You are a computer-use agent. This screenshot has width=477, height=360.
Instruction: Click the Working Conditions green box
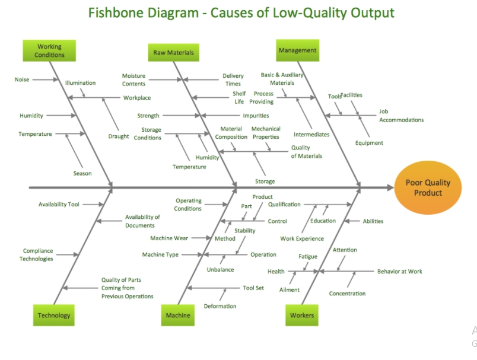[x=49, y=51]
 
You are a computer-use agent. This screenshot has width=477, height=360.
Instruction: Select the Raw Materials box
[x=173, y=53]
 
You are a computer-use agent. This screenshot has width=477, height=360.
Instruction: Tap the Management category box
[x=297, y=51]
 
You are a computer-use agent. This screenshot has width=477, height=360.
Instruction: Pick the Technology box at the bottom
[x=54, y=316]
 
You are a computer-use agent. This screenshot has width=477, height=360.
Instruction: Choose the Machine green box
[x=178, y=316]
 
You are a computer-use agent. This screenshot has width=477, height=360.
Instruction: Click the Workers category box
[x=302, y=316]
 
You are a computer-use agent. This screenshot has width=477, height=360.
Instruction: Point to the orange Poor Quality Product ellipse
[x=428, y=188]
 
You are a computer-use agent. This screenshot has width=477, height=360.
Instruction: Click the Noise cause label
[x=22, y=79]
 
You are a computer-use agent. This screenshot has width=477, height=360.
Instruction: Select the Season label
[x=82, y=173]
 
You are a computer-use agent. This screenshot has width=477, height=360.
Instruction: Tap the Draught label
[x=119, y=136]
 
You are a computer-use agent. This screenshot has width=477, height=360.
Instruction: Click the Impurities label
[x=256, y=116]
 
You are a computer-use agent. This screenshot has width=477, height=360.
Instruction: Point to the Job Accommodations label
[x=401, y=116]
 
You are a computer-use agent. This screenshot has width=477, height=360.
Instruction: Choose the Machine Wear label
[x=169, y=238]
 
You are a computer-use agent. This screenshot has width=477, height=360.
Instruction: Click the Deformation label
[x=220, y=306]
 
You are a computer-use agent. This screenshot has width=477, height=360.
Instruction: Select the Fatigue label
[x=308, y=257]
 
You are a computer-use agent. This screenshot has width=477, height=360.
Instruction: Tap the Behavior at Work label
[x=399, y=272]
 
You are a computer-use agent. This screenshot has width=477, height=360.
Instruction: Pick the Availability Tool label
[x=59, y=205]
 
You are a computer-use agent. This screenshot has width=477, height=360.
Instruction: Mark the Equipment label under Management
[x=369, y=143]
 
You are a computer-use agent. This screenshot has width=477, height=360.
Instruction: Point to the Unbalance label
[x=220, y=270]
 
